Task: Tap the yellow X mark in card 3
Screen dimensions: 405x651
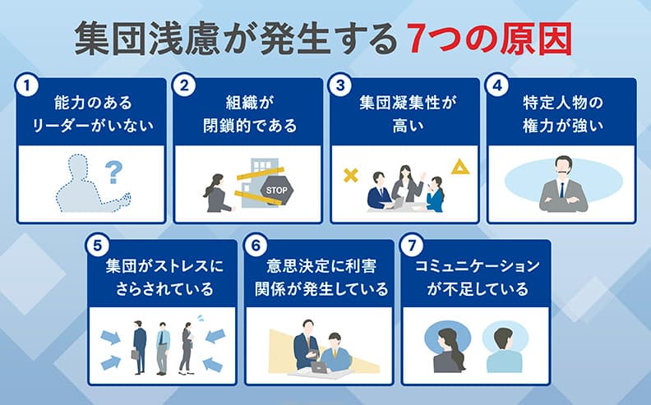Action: (x=351, y=175)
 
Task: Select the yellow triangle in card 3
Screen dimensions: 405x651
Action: (x=459, y=168)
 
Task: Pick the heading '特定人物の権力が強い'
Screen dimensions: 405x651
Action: (x=562, y=115)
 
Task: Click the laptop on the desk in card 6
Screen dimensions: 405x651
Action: (x=319, y=367)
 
